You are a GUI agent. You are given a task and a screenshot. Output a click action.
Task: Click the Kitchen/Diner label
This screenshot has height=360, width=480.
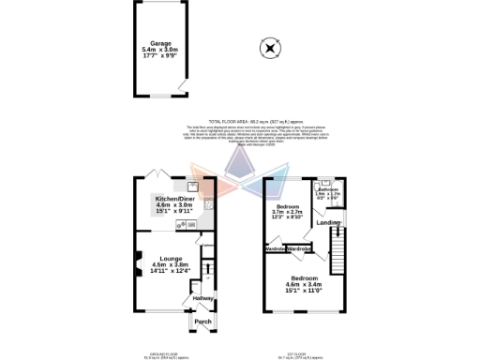(x=176, y=199)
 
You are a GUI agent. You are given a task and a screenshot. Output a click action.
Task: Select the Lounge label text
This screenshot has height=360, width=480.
(x=171, y=258)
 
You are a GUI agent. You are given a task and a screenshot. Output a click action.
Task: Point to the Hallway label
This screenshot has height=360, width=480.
(x=203, y=298)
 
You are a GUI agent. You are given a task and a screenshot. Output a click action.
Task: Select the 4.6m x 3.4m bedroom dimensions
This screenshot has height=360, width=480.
(x=304, y=286)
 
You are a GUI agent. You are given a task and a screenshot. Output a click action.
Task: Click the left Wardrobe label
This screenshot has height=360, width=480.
(x=277, y=248)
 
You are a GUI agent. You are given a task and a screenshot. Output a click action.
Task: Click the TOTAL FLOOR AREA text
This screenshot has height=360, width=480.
(x=241, y=121)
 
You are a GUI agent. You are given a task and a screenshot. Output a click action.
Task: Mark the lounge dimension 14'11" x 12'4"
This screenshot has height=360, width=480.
(x=171, y=271)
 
